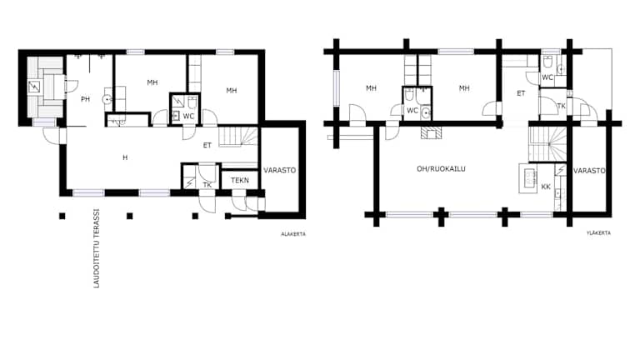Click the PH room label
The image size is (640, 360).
point(85,99)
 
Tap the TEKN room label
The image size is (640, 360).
point(240,180)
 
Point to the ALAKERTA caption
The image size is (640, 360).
point(293,234)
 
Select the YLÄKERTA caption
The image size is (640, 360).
point(598,233)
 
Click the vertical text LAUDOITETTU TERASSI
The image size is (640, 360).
point(97,248)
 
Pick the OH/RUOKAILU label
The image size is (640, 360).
point(441,168)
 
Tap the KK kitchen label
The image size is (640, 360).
point(546,187)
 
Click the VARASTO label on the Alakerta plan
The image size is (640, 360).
point(280,170)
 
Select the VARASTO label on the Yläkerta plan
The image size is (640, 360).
point(589,171)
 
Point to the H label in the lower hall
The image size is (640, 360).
point(125,157)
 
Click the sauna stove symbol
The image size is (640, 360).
point(34,87)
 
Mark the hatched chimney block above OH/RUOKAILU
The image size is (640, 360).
point(431,132)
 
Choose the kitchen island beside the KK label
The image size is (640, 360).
point(528,178)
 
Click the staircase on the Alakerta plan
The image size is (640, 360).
point(238,137)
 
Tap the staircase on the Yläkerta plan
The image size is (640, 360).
point(547,143)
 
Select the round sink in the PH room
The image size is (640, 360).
point(107,99)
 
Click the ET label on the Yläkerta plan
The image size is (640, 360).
point(521,93)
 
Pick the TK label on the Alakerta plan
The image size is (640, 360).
point(207,185)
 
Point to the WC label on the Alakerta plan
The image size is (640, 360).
point(188,117)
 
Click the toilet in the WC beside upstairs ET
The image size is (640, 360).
point(547,62)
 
